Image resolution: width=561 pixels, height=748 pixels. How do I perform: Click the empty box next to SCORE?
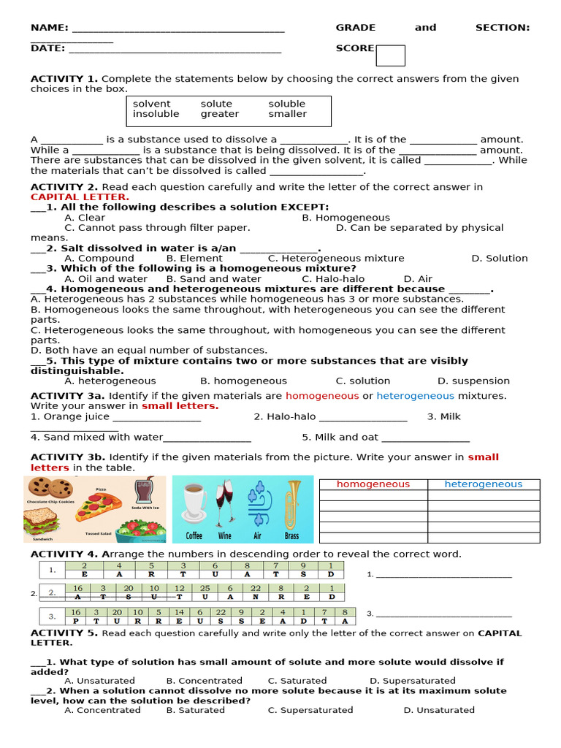(390, 56)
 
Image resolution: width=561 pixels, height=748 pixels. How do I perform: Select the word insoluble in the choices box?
(156, 114)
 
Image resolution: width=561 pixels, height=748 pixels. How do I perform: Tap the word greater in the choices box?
(220, 114)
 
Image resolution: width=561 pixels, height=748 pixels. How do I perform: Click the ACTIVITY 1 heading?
(64, 79)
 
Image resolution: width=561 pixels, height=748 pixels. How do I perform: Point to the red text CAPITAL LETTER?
(80, 197)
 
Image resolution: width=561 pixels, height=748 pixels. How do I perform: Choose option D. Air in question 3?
(418, 279)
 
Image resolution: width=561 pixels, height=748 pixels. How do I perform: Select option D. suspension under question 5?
(473, 381)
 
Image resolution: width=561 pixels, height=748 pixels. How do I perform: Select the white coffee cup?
(194, 504)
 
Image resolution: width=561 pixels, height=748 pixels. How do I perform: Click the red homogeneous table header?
(373, 484)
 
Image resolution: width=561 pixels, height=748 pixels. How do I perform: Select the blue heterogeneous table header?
(483, 484)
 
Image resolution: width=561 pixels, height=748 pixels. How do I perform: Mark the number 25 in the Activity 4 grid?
(205, 588)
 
